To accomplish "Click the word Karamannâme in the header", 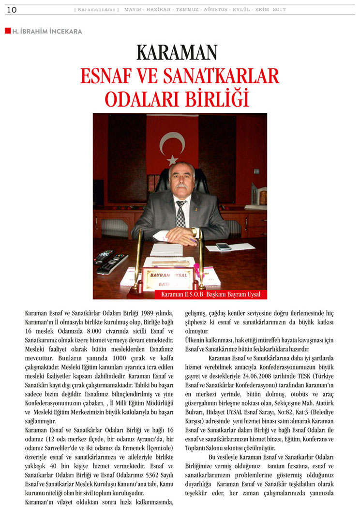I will [96, 10].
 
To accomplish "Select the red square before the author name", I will [7, 31].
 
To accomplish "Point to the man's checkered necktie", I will [181, 213].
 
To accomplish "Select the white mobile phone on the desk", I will [224, 246].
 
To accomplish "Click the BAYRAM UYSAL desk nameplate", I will [165, 277].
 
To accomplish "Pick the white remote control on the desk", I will [112, 264].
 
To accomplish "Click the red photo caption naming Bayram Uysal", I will [210, 294].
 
